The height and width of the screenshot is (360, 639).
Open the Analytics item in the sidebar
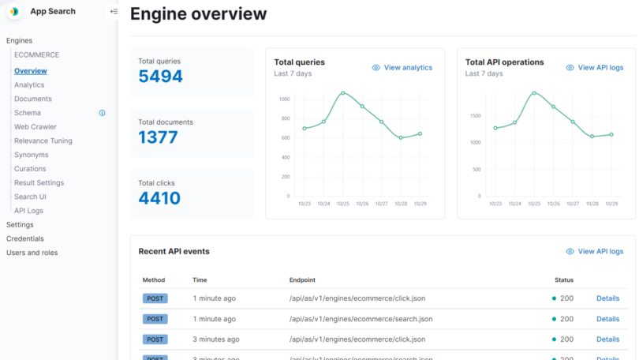click(x=29, y=85)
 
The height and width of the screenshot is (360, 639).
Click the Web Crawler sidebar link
click(x=35, y=127)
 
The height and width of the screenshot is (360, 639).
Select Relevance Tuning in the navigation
click(x=43, y=141)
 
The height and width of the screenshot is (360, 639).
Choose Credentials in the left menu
click(x=24, y=238)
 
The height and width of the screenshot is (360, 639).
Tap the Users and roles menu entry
click(x=32, y=253)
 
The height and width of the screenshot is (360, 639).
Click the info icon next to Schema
click(x=102, y=113)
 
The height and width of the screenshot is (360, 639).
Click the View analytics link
click(x=407, y=68)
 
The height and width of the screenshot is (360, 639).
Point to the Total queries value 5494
click(x=160, y=77)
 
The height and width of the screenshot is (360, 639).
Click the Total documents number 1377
click(x=158, y=137)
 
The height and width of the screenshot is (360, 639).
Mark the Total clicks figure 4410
click(x=159, y=198)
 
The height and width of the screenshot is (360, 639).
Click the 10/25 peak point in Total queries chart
click(x=342, y=93)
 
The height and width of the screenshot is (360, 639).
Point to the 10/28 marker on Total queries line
click(x=401, y=137)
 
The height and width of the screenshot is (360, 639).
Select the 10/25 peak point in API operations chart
click(x=534, y=93)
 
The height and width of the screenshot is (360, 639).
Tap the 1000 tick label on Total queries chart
click(x=284, y=99)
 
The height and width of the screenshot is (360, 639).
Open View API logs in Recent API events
click(x=600, y=252)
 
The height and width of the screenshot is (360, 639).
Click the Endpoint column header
click(x=302, y=280)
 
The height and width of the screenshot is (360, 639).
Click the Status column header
click(x=564, y=280)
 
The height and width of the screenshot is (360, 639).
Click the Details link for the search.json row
click(x=607, y=319)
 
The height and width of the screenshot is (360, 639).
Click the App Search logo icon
click(x=14, y=11)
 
